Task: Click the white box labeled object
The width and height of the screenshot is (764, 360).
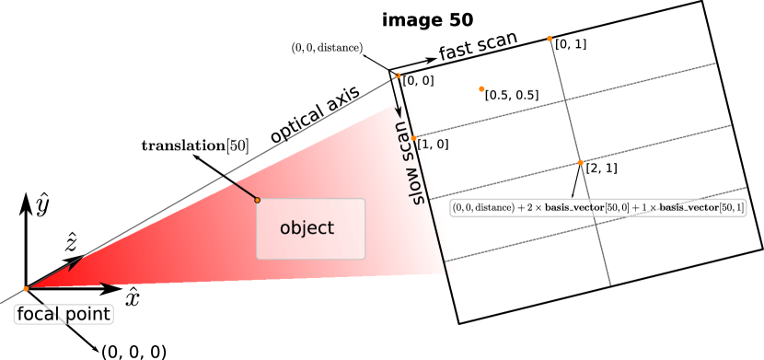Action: (x=310, y=228)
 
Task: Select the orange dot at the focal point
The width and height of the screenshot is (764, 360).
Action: (x=26, y=289)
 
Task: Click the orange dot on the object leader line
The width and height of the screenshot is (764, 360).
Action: (x=257, y=200)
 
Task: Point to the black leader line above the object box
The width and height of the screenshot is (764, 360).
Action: (x=244, y=191)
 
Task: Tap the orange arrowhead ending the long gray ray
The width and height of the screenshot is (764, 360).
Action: (x=398, y=75)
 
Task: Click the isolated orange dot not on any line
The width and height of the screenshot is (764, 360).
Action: (x=481, y=89)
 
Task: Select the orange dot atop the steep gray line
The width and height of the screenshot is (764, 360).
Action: (x=550, y=39)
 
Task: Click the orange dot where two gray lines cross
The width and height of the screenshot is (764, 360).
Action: (x=580, y=162)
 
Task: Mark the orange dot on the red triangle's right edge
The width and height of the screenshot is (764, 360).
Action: (x=414, y=137)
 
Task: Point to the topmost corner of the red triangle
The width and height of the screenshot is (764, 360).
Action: (x=407, y=97)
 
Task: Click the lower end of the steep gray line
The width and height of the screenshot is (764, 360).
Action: (x=609, y=284)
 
